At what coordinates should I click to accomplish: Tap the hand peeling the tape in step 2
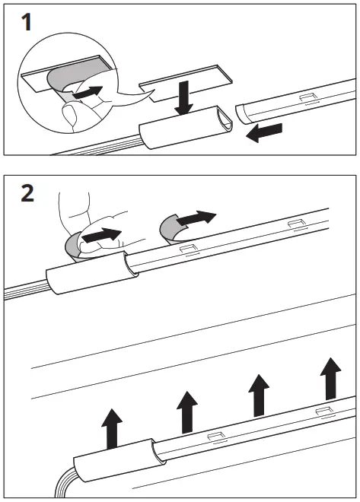[x=80, y=221]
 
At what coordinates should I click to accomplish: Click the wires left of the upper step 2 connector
[x=23, y=294]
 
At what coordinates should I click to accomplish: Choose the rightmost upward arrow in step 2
[x=331, y=379]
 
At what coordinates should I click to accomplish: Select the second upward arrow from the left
[x=186, y=411]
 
